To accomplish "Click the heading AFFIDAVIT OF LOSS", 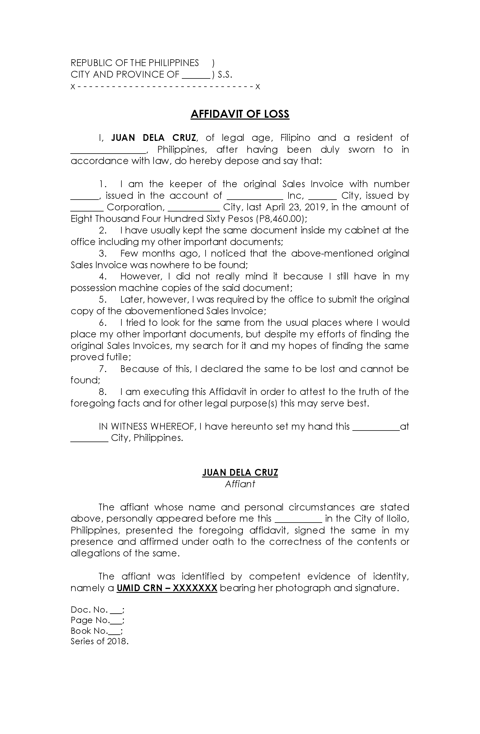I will point(240,114).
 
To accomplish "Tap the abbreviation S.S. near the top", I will point(224,75).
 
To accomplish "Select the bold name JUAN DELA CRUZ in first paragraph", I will point(153,137).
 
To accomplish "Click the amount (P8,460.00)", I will point(281,219).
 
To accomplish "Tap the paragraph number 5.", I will point(102,300).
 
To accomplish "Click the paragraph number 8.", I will point(102,392).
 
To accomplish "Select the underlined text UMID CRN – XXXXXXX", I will point(167,588).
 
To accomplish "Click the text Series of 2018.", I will point(99,641).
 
